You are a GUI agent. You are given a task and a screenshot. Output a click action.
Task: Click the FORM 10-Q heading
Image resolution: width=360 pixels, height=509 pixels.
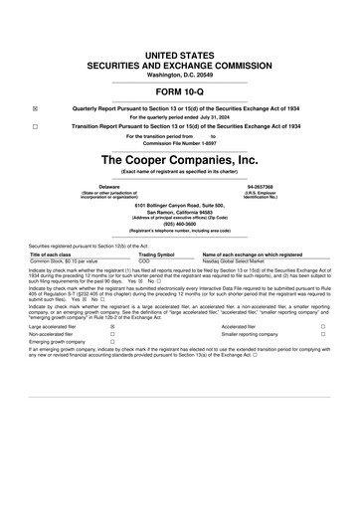[179, 91]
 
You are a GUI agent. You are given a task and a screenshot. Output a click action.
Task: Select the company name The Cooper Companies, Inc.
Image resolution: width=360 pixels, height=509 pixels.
[179, 158]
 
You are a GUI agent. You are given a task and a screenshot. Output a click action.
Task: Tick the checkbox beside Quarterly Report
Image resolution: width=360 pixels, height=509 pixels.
[35, 108]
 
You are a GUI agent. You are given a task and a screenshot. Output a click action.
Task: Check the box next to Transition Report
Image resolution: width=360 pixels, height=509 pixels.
[35, 127]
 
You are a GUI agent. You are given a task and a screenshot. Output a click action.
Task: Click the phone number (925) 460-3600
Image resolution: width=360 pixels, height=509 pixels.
[179, 223]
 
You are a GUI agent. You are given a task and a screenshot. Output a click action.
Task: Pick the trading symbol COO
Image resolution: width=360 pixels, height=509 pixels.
[145, 260]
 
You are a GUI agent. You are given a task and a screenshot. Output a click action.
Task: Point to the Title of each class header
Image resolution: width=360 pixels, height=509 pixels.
[51, 254]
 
